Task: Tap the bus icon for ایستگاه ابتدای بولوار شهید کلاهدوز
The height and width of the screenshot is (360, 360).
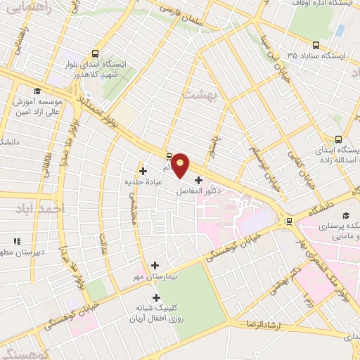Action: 95,53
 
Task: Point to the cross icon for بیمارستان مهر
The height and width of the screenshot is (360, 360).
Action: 155,265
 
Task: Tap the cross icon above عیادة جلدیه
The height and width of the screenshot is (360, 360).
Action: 143,170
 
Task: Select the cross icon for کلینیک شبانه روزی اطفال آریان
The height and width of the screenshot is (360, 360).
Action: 155,297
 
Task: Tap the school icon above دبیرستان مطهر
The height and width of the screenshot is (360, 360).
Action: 15,240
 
